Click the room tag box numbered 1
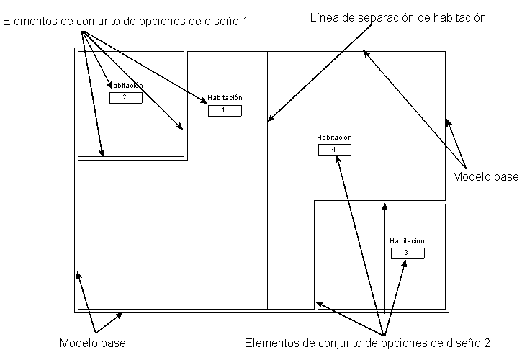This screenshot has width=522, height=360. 225,111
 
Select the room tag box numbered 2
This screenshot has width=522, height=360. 126,98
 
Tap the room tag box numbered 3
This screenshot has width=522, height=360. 408,253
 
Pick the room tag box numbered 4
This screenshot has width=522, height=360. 335,150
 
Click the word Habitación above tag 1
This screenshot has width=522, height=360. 225,98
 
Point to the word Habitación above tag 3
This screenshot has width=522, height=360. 407,240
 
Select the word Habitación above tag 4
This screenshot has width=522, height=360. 334,137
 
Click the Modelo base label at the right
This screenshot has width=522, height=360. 486,176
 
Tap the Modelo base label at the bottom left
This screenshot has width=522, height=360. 93,343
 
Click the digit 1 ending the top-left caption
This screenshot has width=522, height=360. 245,22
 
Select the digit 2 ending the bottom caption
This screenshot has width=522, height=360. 487,343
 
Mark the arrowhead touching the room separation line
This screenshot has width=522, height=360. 271,117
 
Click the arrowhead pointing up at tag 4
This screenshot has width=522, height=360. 338,159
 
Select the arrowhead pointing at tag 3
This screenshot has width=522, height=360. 405,264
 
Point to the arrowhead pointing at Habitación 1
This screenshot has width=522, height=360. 204,100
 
